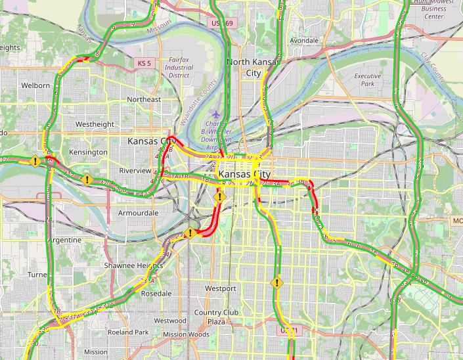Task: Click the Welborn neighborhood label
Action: point(35,85)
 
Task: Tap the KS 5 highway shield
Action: point(144,63)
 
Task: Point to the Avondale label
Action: point(304,41)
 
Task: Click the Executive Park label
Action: point(368,80)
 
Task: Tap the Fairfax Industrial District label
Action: point(179,67)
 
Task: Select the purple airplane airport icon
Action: point(217,116)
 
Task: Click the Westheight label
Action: point(95,124)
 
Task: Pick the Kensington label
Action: point(88,152)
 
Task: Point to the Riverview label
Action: point(135,171)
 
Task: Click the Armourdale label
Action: point(138,214)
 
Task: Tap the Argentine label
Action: point(64,240)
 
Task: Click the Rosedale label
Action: point(156,293)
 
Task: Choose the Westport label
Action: point(220,288)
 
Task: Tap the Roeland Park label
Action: point(128,332)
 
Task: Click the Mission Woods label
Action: point(186,334)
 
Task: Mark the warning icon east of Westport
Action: point(277,283)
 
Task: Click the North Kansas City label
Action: point(253,67)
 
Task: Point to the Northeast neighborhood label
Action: point(144,99)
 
